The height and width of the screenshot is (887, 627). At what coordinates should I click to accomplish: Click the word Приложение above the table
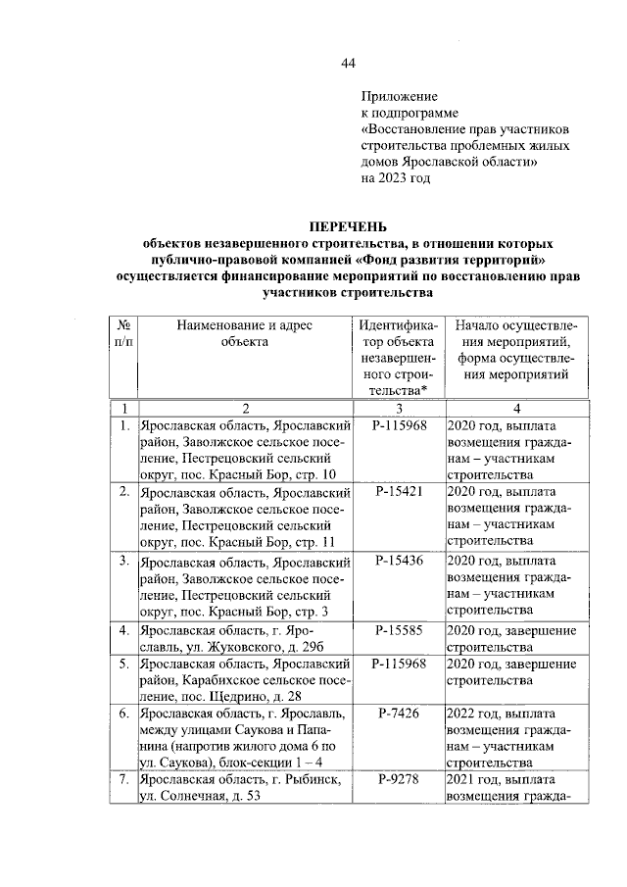click(399, 97)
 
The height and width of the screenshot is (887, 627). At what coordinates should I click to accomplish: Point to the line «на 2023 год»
click(396, 179)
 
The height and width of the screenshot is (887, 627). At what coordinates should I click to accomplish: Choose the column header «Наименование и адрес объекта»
click(244, 333)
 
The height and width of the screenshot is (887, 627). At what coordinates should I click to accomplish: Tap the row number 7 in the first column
click(124, 779)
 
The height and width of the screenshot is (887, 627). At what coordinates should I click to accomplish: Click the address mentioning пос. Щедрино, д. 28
click(244, 680)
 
